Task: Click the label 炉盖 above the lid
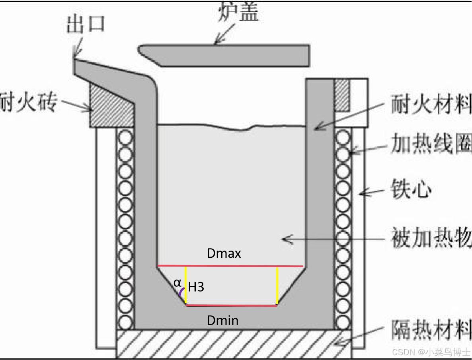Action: [x=238, y=12]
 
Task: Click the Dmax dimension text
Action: [x=224, y=253]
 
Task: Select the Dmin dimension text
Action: [x=223, y=320]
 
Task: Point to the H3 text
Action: [x=196, y=287]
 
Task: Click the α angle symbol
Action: [x=177, y=283]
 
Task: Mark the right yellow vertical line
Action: [x=277, y=286]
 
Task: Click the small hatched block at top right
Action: [x=342, y=95]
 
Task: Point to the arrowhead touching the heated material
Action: [x=285, y=239]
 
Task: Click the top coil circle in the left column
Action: [x=125, y=138]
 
